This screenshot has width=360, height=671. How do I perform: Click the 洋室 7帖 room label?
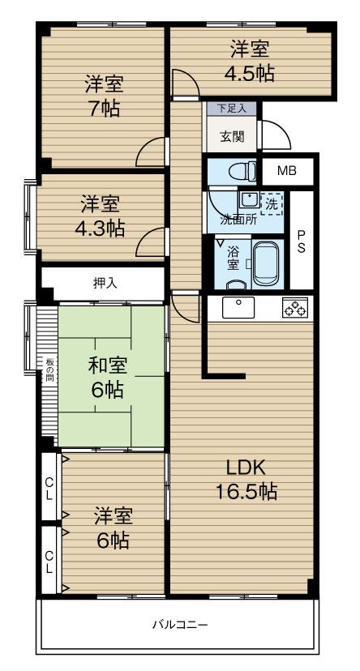[x=104, y=96]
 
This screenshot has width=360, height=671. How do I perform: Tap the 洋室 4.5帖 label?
[x=250, y=62]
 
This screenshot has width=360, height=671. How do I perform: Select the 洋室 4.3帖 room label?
[x=101, y=216]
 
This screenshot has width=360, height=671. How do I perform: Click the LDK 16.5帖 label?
[x=246, y=480]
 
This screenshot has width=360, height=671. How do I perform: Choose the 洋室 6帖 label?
[x=113, y=529]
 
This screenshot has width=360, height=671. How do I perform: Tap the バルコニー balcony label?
[x=180, y=624]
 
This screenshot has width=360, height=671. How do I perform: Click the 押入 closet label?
[x=105, y=283]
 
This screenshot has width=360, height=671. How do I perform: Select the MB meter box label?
[x=287, y=171]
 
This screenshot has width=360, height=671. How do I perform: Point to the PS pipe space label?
[x=302, y=241]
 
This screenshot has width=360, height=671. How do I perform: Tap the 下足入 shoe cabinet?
[x=232, y=109]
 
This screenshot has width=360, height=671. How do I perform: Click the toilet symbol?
[x=242, y=172]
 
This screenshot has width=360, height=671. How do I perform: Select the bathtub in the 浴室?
[x=265, y=263]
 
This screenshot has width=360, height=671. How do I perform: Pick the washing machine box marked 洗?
[x=272, y=203]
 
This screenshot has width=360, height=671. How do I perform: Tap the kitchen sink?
[x=238, y=308]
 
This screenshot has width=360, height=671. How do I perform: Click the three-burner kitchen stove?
[x=295, y=307]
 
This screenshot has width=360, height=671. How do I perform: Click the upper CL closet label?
[x=49, y=487]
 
